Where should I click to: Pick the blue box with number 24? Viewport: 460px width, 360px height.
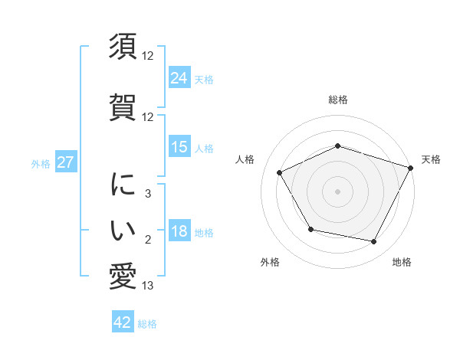pyautogui.click(x=179, y=77)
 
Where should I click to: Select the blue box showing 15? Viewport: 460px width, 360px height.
pyautogui.click(x=179, y=147)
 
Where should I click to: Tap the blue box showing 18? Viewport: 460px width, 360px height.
pyautogui.click(x=179, y=231)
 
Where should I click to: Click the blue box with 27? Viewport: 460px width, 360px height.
pyautogui.click(x=66, y=162)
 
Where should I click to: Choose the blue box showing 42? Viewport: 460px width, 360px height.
pyautogui.click(x=123, y=322)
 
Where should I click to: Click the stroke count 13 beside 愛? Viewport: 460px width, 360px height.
pyautogui.click(x=147, y=286)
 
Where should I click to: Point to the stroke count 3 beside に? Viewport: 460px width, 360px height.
pyautogui.click(x=147, y=194)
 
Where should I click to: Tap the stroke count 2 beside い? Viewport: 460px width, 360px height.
pyautogui.click(x=147, y=240)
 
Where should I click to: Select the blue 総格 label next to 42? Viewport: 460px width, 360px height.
pyautogui.click(x=147, y=324)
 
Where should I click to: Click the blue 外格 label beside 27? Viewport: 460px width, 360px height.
pyautogui.click(x=41, y=163)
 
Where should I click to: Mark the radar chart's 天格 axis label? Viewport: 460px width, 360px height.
pyautogui.click(x=431, y=159)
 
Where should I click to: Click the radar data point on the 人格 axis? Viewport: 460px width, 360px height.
pyautogui.click(x=280, y=172)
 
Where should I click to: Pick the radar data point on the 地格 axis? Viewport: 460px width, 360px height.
pyautogui.click(x=374, y=242)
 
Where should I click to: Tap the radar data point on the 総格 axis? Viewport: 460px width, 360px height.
pyautogui.click(x=338, y=146)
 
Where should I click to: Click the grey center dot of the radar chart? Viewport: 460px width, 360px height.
pyautogui.click(x=338, y=191)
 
